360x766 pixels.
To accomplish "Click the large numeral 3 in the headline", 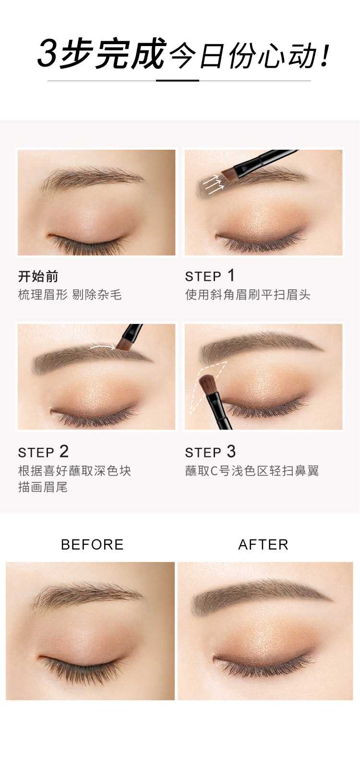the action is pyautogui.click(x=48, y=54).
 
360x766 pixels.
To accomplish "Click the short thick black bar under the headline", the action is pyautogui.click(x=178, y=81).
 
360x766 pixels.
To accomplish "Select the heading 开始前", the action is pyautogui.click(x=38, y=276).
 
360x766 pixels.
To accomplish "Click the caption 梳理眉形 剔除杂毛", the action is pyautogui.click(x=70, y=294).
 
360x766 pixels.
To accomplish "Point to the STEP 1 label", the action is pyautogui.click(x=210, y=275).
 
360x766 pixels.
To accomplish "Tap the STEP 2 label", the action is pyautogui.click(x=43, y=452).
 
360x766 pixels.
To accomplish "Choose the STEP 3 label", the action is pyautogui.click(x=210, y=452).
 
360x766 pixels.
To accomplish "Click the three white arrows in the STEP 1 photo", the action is pyautogui.click(x=213, y=184).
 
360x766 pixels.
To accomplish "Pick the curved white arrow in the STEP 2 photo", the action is pyautogui.click(x=103, y=347).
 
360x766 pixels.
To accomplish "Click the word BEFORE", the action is pyautogui.click(x=92, y=545).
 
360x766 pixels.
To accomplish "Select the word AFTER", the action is pyautogui.click(x=263, y=545).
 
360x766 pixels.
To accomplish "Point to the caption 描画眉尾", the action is pyautogui.click(x=43, y=487).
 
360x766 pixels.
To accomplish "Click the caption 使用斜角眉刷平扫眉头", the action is pyautogui.click(x=248, y=294).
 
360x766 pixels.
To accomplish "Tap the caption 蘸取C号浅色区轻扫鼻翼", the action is pyautogui.click(x=252, y=471).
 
